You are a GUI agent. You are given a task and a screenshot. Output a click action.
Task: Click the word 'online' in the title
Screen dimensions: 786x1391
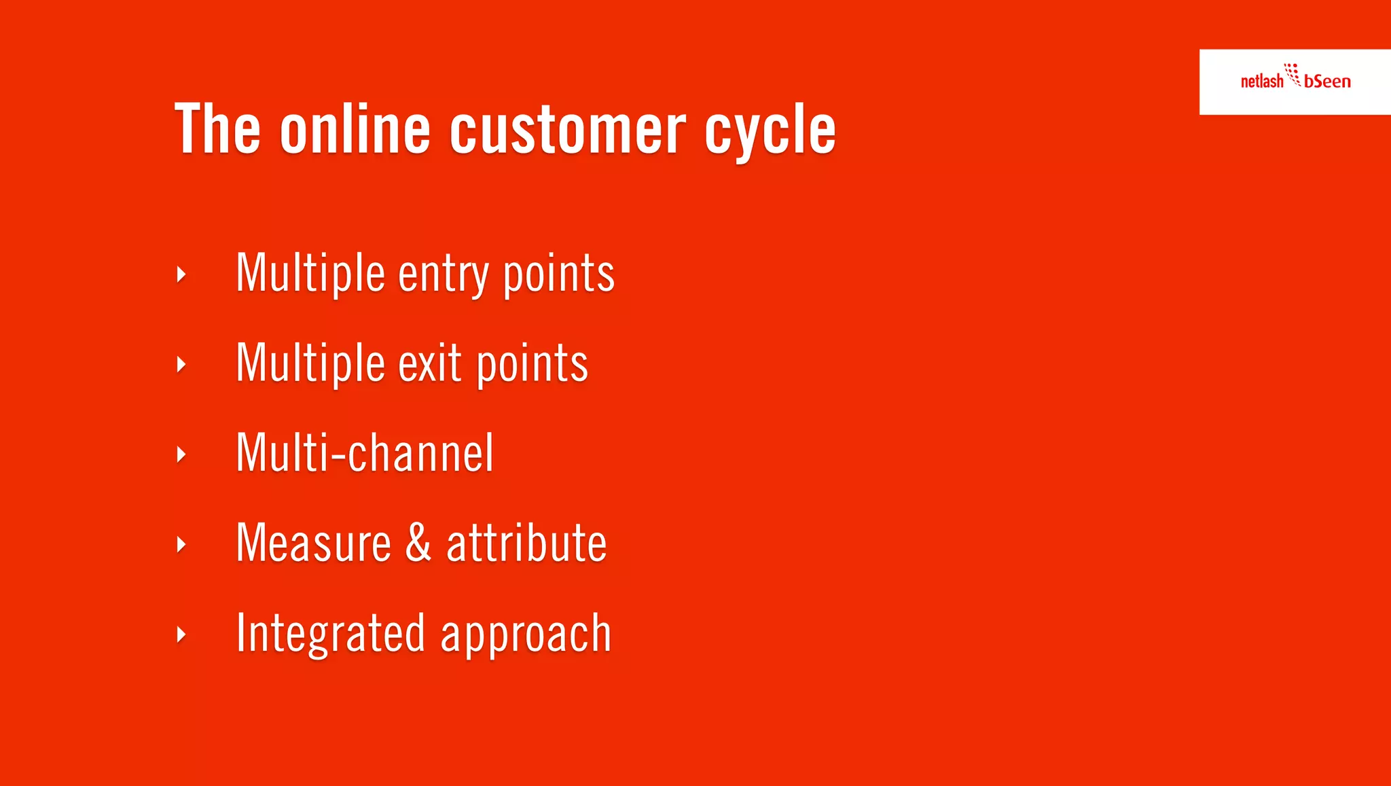click(x=355, y=129)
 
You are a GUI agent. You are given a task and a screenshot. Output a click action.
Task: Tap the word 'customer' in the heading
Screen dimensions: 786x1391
click(x=567, y=129)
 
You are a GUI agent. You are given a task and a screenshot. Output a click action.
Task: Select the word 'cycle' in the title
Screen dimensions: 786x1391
click(x=770, y=130)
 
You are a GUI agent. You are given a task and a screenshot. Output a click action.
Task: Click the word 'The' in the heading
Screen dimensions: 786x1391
click(x=217, y=129)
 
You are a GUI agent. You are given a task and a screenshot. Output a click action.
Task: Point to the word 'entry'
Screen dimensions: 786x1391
click(x=443, y=274)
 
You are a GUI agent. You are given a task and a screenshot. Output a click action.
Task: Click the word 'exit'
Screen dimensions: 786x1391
click(x=430, y=364)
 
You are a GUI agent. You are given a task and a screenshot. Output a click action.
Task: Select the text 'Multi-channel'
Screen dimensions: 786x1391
click(x=365, y=453)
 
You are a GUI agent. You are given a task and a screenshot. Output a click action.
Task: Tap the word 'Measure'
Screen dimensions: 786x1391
click(x=313, y=543)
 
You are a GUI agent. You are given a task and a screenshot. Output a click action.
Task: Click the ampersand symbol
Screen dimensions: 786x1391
click(x=418, y=543)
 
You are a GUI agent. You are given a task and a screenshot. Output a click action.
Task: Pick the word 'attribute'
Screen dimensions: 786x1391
click(x=526, y=543)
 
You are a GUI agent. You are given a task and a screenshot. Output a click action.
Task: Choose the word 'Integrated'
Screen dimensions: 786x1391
click(x=331, y=633)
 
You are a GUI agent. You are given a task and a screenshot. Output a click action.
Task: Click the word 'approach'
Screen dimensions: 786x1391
click(x=526, y=635)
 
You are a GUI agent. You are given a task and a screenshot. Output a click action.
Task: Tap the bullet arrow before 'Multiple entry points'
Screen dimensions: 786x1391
click(x=181, y=274)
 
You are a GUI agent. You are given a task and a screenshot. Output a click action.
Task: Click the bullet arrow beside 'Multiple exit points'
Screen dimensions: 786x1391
click(x=181, y=365)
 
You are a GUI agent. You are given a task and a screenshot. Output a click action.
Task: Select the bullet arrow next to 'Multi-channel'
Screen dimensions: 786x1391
click(x=181, y=454)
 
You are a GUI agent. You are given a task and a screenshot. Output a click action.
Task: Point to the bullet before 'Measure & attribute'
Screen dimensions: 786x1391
click(x=181, y=544)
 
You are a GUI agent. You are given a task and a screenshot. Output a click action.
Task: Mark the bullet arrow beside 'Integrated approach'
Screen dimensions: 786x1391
click(x=181, y=635)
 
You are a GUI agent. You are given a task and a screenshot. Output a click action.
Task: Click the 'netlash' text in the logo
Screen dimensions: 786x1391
click(x=1261, y=82)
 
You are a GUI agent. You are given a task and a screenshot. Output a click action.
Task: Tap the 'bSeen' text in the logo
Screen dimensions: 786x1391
click(x=1327, y=82)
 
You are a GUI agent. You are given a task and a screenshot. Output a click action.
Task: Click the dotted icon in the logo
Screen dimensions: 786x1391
click(x=1293, y=74)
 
